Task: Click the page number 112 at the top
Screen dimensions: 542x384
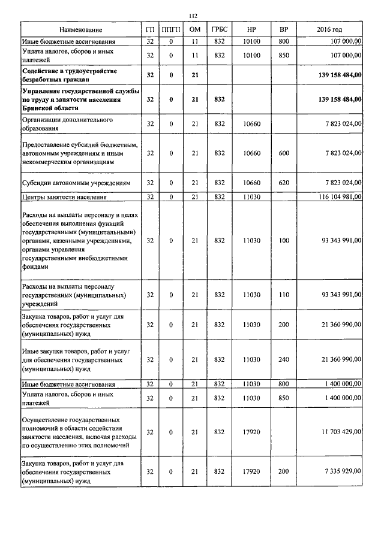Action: (193, 16)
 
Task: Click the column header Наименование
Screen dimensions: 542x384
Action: (80, 30)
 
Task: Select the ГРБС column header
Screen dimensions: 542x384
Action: (219, 30)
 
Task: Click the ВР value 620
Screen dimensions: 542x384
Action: (284, 182)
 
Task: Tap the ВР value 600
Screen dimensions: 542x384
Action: (284, 153)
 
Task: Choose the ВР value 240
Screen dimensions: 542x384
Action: (284, 359)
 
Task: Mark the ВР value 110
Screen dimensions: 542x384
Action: (284, 295)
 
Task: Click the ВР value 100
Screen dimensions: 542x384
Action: (284, 240)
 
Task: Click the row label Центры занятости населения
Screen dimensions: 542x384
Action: (64, 196)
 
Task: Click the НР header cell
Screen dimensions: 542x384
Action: (251, 30)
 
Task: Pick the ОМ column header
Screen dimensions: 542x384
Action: (194, 30)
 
